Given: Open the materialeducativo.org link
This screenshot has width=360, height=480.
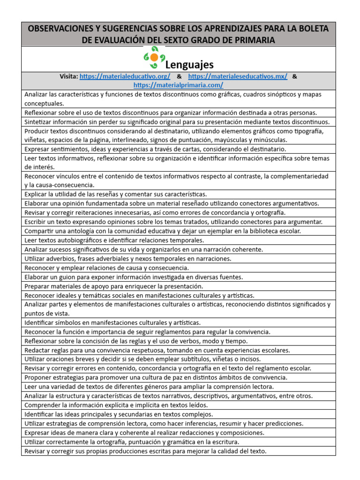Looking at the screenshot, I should (x=125, y=76).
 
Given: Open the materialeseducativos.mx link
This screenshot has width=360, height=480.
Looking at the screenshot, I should (x=238, y=76).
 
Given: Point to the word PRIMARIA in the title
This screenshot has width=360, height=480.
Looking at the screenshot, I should (x=252, y=40).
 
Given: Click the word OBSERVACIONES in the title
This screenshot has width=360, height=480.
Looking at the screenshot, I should (x=61, y=29).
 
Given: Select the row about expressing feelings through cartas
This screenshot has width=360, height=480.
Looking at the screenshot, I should (x=155, y=149).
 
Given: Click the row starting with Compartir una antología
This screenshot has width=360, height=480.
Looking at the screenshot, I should (x=163, y=231).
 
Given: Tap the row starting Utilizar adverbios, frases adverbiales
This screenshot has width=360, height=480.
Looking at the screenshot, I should (x=128, y=258).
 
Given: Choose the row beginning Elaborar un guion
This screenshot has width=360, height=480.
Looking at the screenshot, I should (x=134, y=277).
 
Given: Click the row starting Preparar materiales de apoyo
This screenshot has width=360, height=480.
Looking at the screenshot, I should (x=114, y=286).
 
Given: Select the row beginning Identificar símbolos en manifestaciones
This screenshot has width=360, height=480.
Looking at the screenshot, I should (x=112, y=322).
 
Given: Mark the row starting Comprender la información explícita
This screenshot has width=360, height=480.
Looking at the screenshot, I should (x=116, y=405).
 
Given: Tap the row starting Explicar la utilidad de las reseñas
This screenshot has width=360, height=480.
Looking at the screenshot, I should (x=116, y=194).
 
